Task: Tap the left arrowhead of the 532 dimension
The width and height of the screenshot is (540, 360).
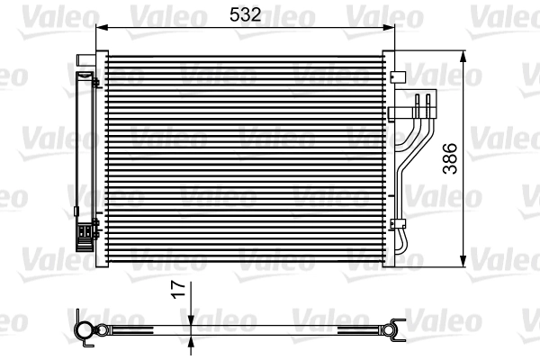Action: click(x=100, y=28)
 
